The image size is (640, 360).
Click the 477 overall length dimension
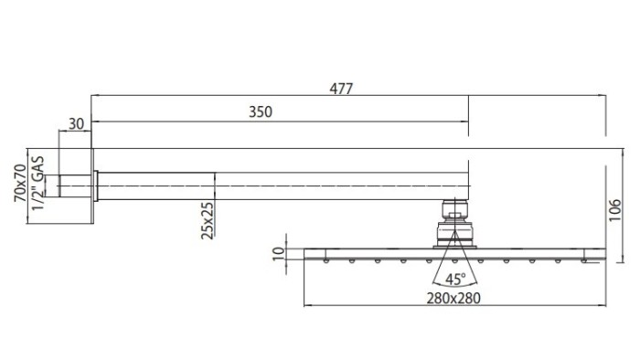[342, 88]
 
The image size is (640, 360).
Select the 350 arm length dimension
[261, 111]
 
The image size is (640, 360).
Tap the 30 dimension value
[76, 123]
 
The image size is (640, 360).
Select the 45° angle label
[456, 279]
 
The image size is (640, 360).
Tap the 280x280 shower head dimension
[454, 298]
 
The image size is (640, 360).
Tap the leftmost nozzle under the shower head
[326, 261]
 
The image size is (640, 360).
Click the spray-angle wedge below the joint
[454, 265]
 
